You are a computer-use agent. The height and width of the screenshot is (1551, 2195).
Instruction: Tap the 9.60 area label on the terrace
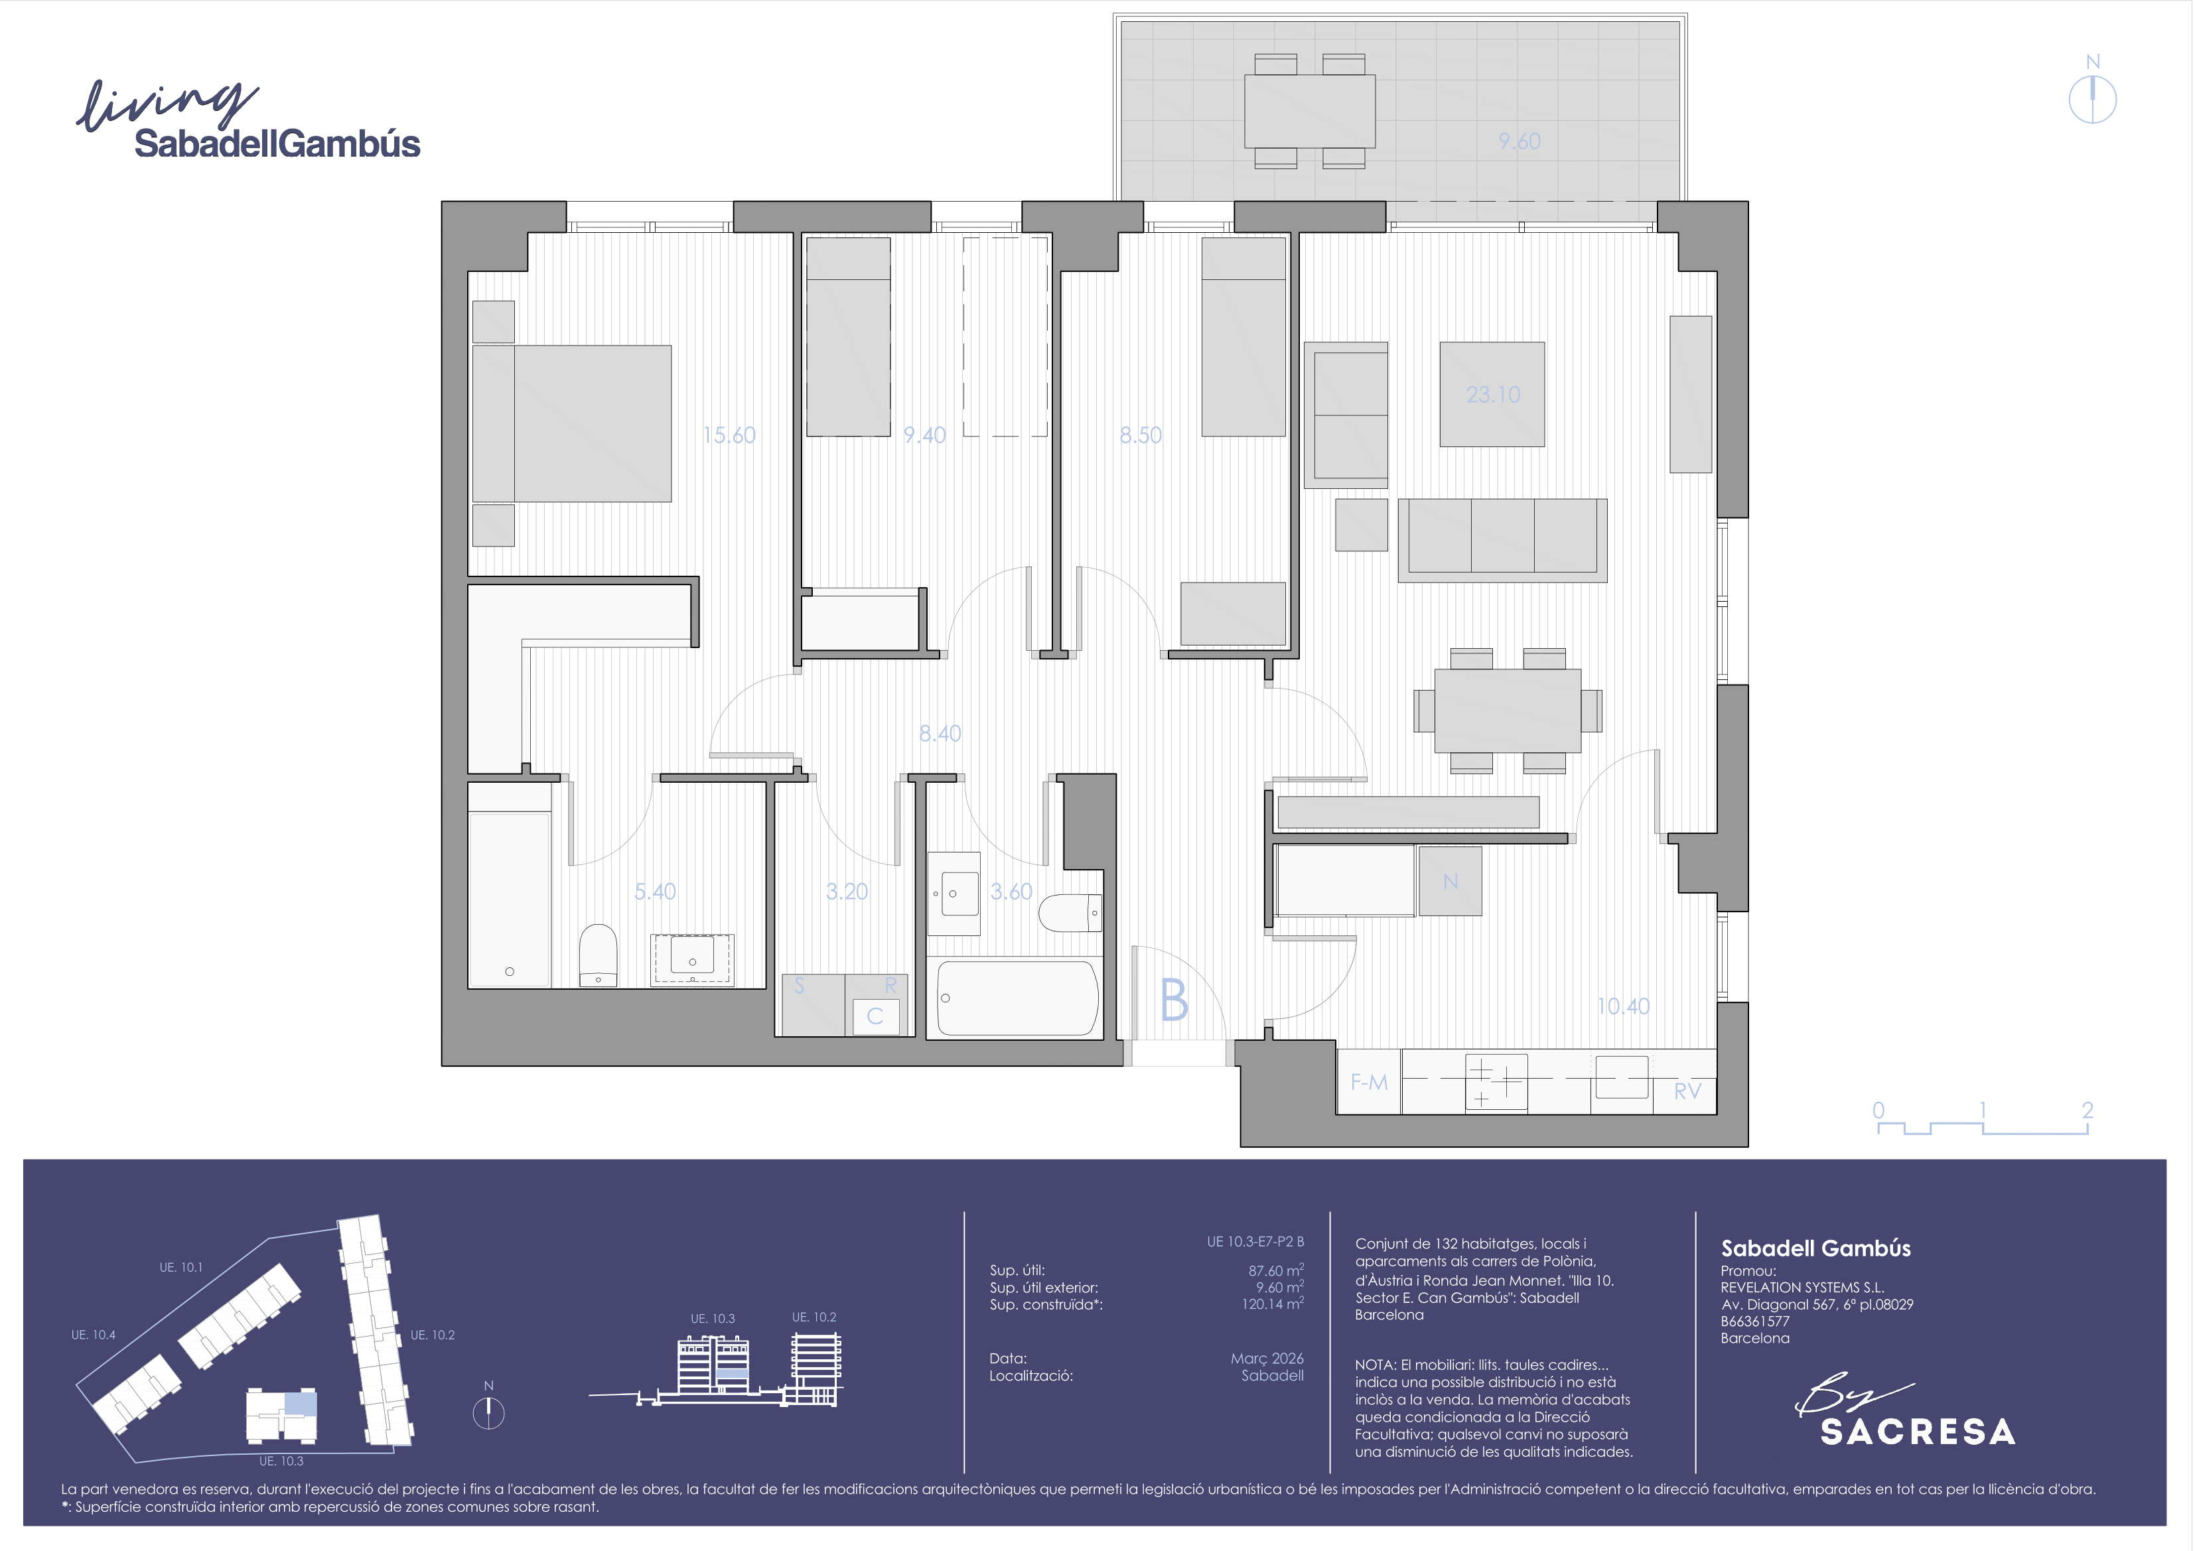[1519, 141]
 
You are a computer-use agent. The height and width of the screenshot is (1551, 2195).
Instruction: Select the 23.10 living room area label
[1492, 394]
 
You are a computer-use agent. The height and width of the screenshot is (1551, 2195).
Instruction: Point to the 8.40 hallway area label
[940, 733]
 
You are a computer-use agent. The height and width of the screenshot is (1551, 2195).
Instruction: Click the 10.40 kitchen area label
[1623, 1006]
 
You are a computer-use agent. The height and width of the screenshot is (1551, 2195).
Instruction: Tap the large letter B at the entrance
[1174, 1000]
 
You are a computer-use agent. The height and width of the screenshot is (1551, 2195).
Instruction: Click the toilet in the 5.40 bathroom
[599, 954]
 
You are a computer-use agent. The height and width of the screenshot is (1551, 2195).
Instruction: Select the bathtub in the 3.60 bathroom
[1017, 998]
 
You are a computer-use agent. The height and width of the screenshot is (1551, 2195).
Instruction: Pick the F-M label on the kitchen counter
[1369, 1083]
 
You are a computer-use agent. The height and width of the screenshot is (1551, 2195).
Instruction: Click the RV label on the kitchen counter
[1687, 1091]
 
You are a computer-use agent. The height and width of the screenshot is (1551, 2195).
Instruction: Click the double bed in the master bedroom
[572, 423]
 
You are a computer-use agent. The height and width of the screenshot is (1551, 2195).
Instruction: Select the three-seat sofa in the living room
[1502, 540]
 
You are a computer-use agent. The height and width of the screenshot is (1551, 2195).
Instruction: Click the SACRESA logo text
[1918, 1432]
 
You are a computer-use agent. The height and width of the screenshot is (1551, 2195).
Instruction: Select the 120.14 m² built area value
[1273, 1304]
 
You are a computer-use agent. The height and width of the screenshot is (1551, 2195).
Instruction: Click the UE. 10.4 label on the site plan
[93, 1335]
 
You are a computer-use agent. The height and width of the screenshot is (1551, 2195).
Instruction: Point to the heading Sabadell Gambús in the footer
[1815, 1248]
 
